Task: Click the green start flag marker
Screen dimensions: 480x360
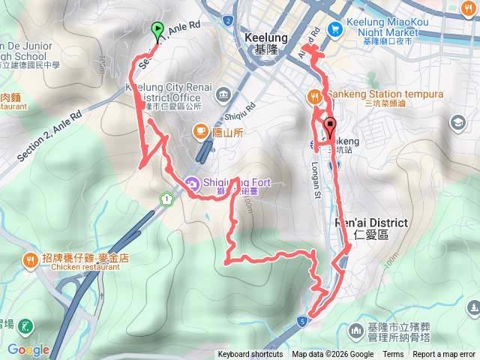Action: tap(157, 30)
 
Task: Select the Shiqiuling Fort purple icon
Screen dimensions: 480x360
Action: tap(193, 182)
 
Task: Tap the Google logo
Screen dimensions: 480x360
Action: tap(28, 349)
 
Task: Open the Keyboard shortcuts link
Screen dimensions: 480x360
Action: tap(250, 355)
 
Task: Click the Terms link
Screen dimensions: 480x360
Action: tap(393, 355)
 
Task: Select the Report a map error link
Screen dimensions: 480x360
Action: tap(445, 355)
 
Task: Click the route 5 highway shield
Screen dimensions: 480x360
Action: tap(301, 320)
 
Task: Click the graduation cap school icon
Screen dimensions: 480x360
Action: tap(457, 122)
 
